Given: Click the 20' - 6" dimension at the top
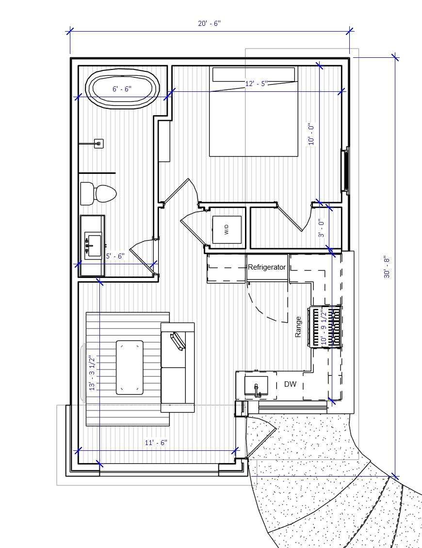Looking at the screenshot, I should [209, 24].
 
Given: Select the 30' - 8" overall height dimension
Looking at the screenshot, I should [387, 267].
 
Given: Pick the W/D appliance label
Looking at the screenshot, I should [226, 230].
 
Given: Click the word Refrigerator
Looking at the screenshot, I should [267, 267].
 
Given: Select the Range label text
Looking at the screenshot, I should [298, 327].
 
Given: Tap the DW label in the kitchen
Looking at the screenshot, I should [290, 384].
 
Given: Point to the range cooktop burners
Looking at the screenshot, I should [325, 326].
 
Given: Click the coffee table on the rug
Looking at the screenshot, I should [130, 367].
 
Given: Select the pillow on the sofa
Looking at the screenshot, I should [178, 341].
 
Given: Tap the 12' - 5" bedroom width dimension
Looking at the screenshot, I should [257, 84].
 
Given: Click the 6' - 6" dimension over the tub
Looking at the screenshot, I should [122, 89].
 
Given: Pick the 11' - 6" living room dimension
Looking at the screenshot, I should [156, 443].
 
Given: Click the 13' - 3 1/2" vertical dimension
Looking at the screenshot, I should [92, 373].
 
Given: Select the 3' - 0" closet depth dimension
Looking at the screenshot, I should [321, 228].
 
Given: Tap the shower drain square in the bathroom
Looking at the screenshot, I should [98, 143].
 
